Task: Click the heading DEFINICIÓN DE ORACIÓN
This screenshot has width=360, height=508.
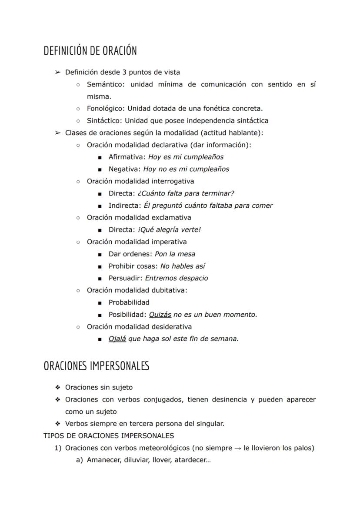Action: tap(90, 51)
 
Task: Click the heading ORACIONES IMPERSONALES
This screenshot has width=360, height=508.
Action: tap(96, 366)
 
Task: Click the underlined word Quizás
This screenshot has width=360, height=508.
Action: tap(160, 315)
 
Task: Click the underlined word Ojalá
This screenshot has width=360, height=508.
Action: tap(117, 339)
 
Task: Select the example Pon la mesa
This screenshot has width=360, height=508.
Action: tap(175, 254)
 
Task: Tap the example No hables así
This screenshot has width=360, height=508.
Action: tap(183, 266)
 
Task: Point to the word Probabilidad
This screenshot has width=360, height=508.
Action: tap(129, 302)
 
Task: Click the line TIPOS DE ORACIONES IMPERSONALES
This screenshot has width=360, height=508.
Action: tap(109, 435)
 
